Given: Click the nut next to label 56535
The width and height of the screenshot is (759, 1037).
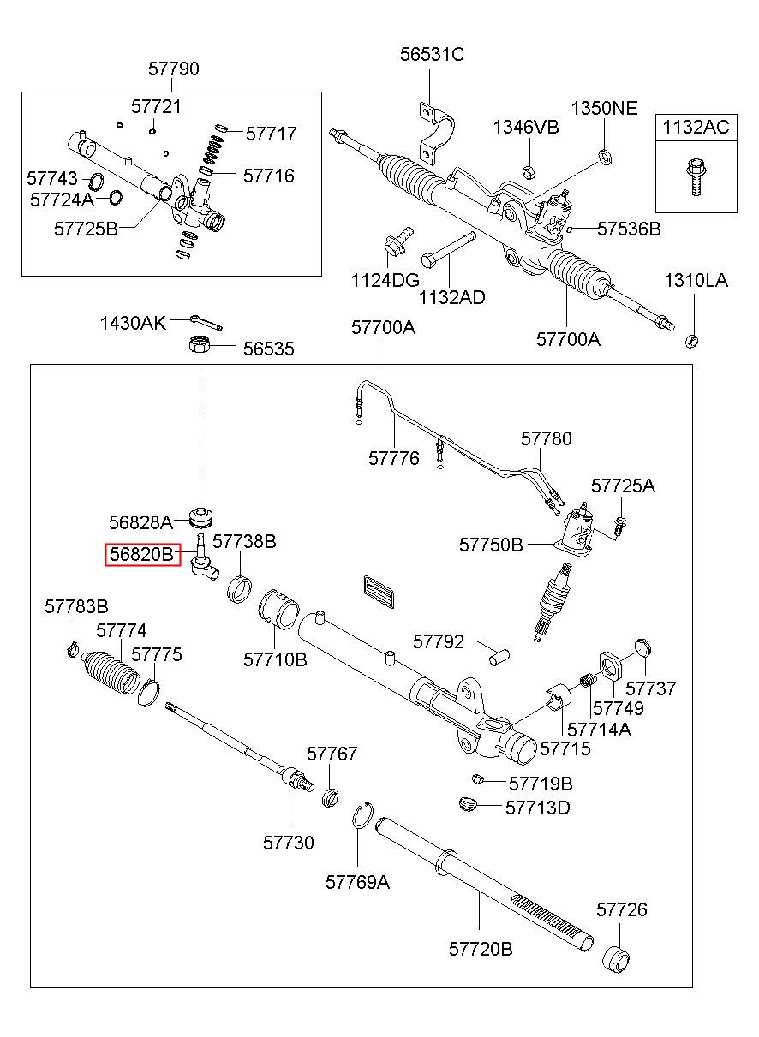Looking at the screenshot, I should pos(199,347).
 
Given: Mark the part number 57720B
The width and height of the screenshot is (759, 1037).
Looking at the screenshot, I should pos(481,949).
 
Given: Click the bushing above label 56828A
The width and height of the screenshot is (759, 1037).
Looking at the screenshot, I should pos(202,516).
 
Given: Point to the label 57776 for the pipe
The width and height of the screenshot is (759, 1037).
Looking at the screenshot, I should pos(394,458).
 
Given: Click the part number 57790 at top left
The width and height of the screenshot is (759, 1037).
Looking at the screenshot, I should pos(174,69).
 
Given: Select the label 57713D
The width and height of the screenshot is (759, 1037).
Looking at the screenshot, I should pos(537,808).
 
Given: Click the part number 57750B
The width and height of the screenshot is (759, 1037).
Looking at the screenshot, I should pos(491,545).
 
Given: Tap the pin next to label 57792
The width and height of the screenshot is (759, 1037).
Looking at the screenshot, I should pos(495,654).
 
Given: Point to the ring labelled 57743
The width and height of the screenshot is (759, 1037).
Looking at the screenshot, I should pos(95,181).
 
